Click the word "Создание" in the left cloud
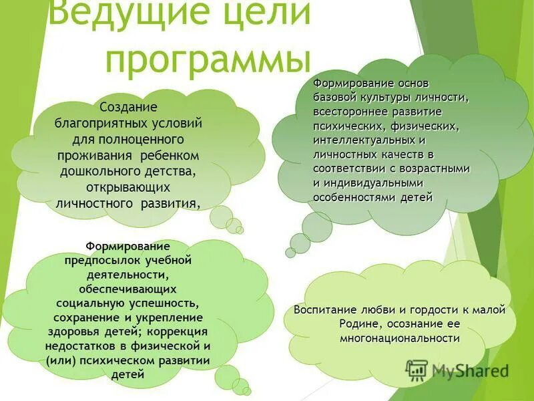(127, 108)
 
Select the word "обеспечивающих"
(127, 289)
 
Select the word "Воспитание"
(324, 310)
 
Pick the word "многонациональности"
(400, 338)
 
